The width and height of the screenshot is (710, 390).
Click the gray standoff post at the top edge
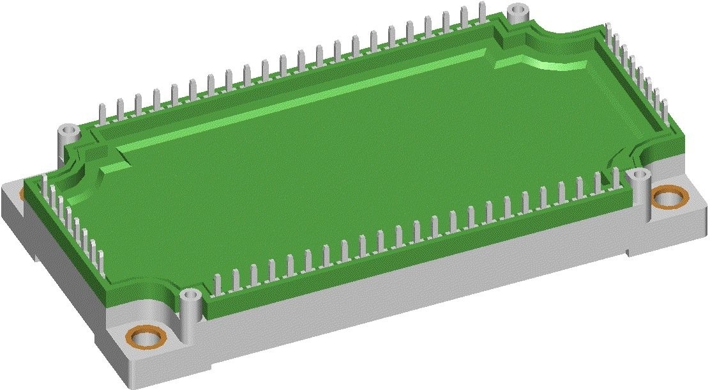click(518, 12)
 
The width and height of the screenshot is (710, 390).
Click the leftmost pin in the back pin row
click(101, 113)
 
